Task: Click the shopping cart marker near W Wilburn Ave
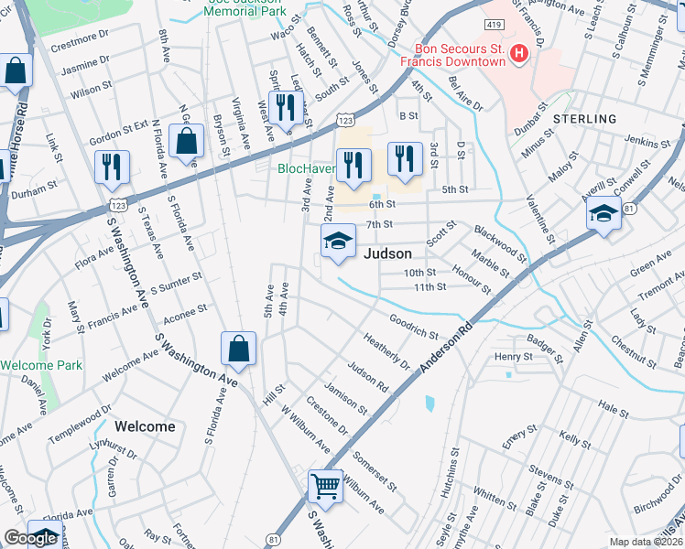[325, 486]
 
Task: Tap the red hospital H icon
[519, 54]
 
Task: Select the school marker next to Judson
[337, 242]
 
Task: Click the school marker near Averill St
[603, 214]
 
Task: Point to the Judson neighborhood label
[387, 254]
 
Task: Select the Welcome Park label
[41, 365]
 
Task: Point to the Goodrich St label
[414, 328]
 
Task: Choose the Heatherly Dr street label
[386, 350]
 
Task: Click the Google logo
[30, 538]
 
